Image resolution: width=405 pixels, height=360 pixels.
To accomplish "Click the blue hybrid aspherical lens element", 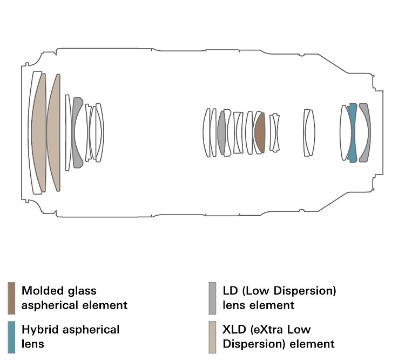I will pyautogui.click(x=353, y=132).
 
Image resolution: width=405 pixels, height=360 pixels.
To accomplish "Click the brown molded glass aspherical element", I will pyautogui.click(x=260, y=133).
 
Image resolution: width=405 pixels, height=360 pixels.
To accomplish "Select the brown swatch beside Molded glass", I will pyautogui.click(x=12, y=298).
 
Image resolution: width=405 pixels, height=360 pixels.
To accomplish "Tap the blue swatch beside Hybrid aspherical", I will pyautogui.click(x=12, y=336).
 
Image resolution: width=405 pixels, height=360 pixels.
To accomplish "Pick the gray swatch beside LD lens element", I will pyautogui.click(x=212, y=298).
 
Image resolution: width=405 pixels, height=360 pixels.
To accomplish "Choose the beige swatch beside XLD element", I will pyautogui.click(x=212, y=336).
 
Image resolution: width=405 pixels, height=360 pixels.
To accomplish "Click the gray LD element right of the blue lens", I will pyautogui.click(x=365, y=132).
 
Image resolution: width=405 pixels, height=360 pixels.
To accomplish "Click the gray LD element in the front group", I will pyautogui.click(x=77, y=132).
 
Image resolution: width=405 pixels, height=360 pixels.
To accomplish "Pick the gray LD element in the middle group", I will pyautogui.click(x=221, y=133).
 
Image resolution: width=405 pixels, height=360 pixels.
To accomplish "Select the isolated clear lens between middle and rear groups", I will pyautogui.click(x=308, y=133).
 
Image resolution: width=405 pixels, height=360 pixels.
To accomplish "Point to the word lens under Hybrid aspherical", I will pyautogui.click(x=32, y=344).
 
